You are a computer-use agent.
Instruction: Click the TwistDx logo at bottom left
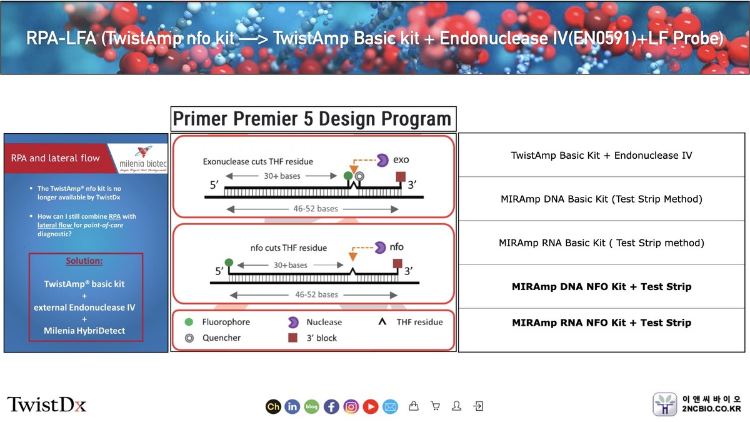tap(47, 404)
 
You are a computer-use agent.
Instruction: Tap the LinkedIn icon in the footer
tap(292, 406)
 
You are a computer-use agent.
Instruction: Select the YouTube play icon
tap(371, 406)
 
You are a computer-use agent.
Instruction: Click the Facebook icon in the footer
tap(331, 406)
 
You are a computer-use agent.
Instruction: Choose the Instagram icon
tap(351, 406)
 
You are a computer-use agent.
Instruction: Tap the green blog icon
tap(311, 406)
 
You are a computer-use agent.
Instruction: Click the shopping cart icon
tap(435, 406)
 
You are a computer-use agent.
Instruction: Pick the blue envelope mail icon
tap(390, 406)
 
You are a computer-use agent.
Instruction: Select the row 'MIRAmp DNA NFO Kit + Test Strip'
tap(601, 286)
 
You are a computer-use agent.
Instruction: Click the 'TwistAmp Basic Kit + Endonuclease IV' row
tap(601, 155)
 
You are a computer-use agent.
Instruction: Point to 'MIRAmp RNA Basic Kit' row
tap(601, 243)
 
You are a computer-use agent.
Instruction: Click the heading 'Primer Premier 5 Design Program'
tap(312, 119)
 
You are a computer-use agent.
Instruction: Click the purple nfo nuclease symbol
tap(379, 248)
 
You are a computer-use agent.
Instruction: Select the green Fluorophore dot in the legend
tap(189, 322)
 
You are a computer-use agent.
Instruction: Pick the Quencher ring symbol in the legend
tap(189, 338)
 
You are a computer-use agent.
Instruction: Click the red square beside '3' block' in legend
tap(291, 338)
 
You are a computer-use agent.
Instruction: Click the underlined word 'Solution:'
tap(85, 260)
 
